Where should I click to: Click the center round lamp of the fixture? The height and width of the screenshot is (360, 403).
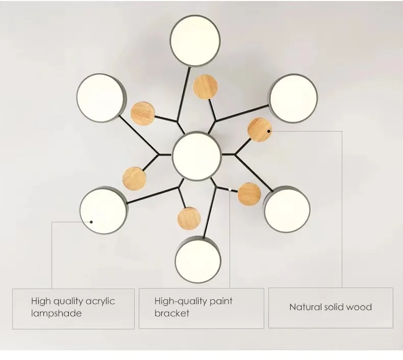click(x=196, y=155)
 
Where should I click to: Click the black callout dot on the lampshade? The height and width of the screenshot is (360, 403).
click(x=92, y=222)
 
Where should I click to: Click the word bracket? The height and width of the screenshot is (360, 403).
click(x=172, y=313)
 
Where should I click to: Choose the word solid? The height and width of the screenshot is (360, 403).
click(x=335, y=307)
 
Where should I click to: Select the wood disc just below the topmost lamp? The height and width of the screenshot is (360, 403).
click(x=204, y=86)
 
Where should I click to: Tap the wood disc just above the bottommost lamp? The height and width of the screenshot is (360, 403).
click(x=188, y=218)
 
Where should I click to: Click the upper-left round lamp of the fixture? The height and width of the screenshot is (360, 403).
click(x=100, y=97)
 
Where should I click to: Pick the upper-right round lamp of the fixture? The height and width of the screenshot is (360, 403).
click(x=293, y=98)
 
